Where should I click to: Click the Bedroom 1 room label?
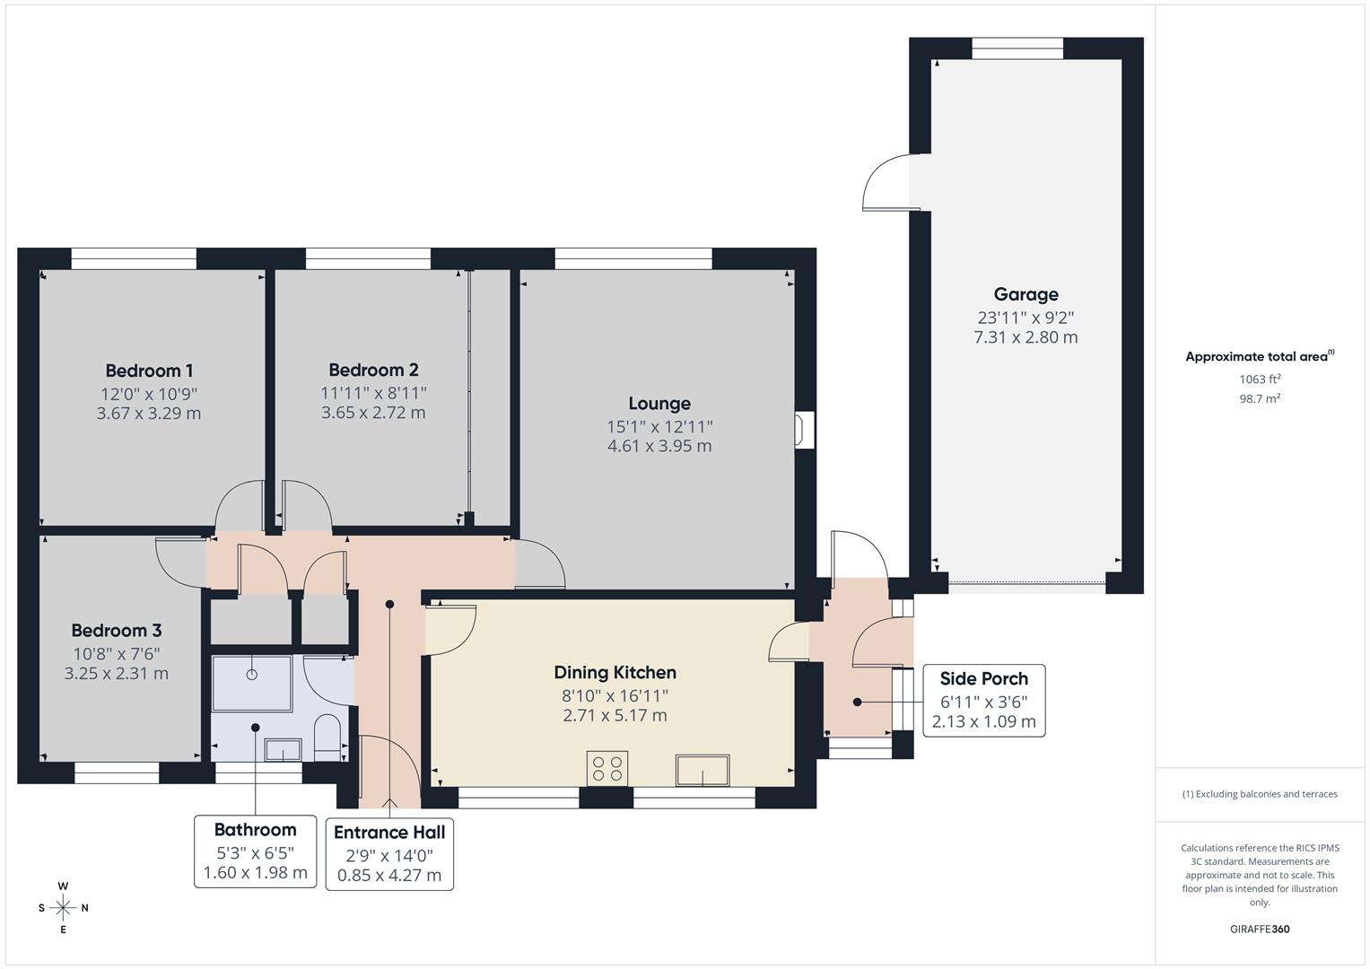[149, 371]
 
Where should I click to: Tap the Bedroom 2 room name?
[373, 370]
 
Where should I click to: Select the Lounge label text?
[659, 404]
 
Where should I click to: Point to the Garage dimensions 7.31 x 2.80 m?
[1025, 337]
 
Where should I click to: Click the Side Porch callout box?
[983, 701]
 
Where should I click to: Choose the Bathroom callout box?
[255, 851]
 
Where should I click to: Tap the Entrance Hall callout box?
[389, 853]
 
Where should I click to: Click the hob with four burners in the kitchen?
[607, 768]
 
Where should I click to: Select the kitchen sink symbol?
[702, 770]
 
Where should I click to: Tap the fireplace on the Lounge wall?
[804, 429]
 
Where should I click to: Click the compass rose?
[63, 908]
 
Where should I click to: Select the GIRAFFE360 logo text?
[1259, 929]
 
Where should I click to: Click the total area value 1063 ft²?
[1260, 379]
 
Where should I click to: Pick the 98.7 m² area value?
[1260, 398]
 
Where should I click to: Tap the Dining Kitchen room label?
[615, 672]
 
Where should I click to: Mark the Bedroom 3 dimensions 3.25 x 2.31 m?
[117, 673]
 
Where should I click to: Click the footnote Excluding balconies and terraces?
[1260, 794]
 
